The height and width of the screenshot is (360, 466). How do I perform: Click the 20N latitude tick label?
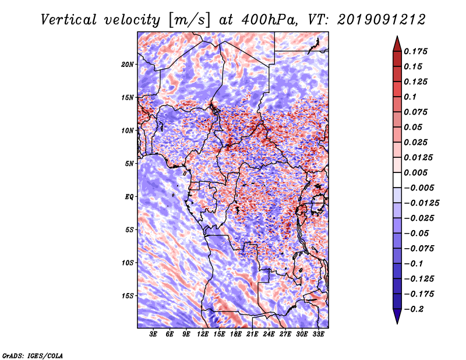pos(128,65)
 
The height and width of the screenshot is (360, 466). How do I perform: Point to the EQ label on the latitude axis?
pos(129,197)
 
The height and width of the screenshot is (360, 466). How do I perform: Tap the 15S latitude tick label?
pos(128,296)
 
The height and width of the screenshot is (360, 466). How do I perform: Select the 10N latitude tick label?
pos(128,130)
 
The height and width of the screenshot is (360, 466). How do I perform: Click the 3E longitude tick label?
pos(153,334)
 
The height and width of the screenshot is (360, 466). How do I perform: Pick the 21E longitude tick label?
pos(252,334)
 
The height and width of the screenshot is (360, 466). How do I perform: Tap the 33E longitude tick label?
pos(318,334)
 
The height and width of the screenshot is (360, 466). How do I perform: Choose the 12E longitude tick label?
pos(203,334)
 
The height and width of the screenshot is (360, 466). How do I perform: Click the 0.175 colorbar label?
pos(415,51)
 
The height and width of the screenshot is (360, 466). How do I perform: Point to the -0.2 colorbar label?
pos(414,309)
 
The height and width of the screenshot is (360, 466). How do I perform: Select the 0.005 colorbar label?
pos(415,172)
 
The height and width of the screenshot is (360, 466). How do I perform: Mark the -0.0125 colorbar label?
pos(421,203)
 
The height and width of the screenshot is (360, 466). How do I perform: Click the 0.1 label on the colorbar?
pos(410,97)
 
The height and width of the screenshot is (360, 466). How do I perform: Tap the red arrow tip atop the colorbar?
pos(397,36)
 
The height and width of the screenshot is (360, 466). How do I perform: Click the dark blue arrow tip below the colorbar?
pos(397,323)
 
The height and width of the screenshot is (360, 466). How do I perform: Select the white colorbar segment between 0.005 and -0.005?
pos(397,180)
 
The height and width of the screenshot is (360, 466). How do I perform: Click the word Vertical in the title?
pos(69,20)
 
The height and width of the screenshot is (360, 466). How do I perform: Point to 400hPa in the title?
pos(270,20)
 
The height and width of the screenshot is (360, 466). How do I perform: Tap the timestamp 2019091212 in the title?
pos(382,20)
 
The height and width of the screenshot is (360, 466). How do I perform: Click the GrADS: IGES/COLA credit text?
pos(33,356)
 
